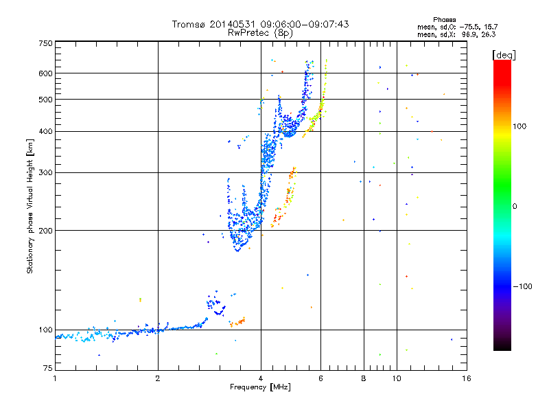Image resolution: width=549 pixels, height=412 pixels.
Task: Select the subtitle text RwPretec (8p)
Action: (x=260, y=33)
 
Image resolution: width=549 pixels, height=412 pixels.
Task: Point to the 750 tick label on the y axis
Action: (x=45, y=43)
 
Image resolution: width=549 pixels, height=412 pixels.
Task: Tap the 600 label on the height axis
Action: (x=45, y=73)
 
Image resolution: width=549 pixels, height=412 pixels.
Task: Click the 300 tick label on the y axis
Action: (x=45, y=173)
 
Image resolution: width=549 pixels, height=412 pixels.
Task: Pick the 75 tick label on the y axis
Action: (x=48, y=368)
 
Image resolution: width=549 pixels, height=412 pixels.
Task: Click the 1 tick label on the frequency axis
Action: (x=55, y=378)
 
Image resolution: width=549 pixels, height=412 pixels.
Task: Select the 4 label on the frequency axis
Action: (x=261, y=378)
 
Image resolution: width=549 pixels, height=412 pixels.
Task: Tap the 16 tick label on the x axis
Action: (x=467, y=378)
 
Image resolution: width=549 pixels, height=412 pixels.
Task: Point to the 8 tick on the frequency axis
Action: (x=364, y=378)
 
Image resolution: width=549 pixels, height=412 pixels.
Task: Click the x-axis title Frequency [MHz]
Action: (x=260, y=387)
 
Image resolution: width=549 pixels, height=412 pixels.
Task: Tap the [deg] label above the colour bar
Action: (x=504, y=55)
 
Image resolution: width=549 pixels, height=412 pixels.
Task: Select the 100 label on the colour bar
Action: (x=519, y=126)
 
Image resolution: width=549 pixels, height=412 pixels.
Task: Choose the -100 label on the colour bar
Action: (x=522, y=286)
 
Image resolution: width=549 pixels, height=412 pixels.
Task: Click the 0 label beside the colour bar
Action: (x=515, y=207)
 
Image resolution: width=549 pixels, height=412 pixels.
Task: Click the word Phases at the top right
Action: (x=444, y=20)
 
